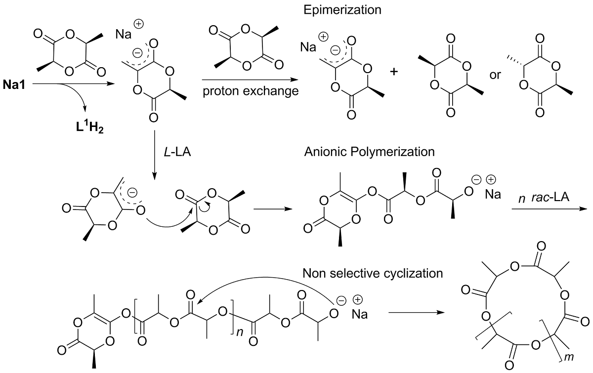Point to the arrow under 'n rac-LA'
tap(549, 209)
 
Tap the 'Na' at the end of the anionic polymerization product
tap(493, 195)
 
